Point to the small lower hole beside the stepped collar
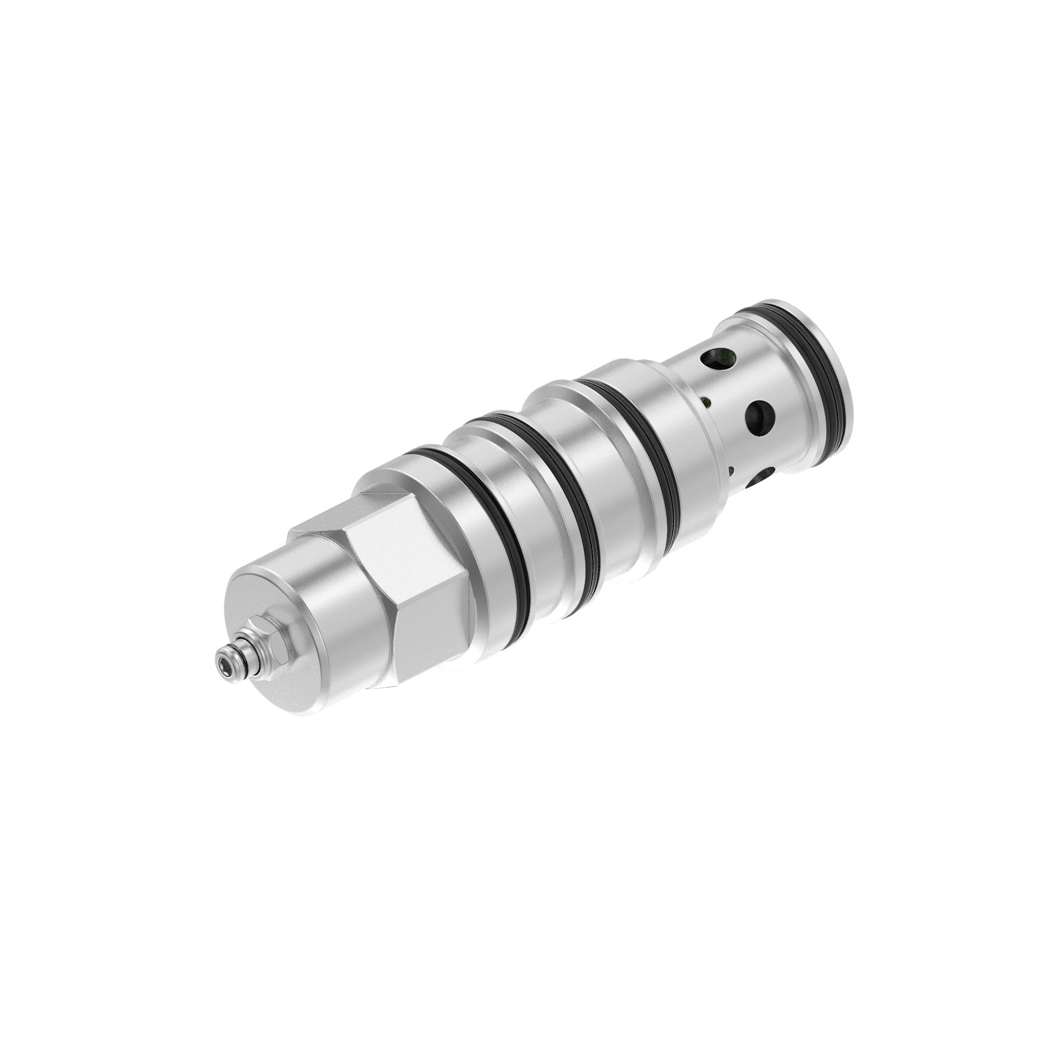pos(731,471)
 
